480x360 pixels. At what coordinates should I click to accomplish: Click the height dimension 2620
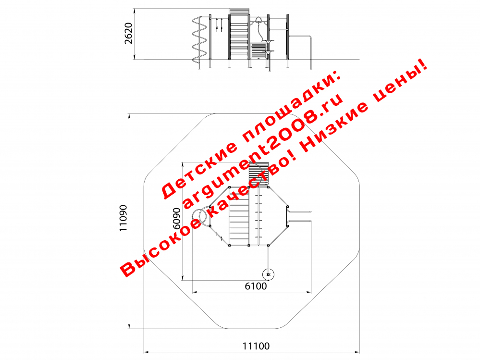(129, 33)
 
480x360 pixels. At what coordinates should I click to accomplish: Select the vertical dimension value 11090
(123, 218)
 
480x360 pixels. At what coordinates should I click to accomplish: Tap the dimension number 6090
(177, 219)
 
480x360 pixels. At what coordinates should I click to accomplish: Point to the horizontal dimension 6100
(256, 286)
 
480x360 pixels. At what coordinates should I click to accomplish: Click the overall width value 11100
(256, 346)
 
